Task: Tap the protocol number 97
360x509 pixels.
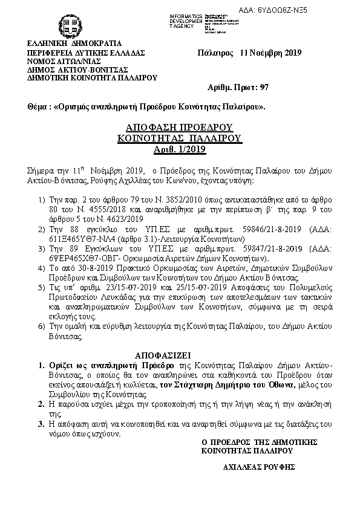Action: [264, 88]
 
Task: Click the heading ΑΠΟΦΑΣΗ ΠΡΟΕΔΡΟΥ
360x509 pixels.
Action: [179, 128]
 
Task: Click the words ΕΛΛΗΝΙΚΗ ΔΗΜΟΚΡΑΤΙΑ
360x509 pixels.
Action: [74, 44]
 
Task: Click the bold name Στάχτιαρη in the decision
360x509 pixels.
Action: [208, 384]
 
